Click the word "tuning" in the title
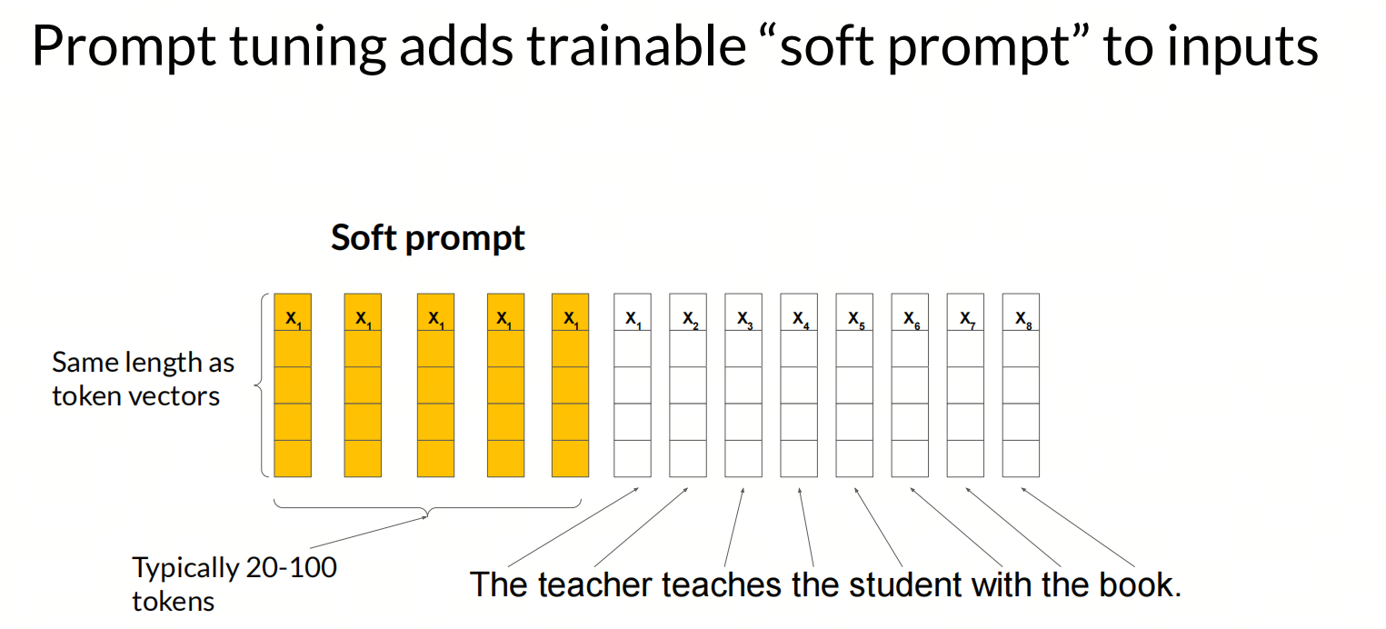pyautogui.click(x=307, y=47)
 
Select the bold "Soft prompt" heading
pyautogui.click(x=427, y=238)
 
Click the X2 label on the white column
pyautogui.click(x=688, y=313)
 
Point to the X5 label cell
pyautogui.click(x=854, y=313)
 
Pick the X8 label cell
pyautogui.click(x=1021, y=313)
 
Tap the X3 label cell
pyautogui.click(x=743, y=313)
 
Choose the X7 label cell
pyautogui.click(x=965, y=313)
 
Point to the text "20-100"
pyautogui.click(x=291, y=568)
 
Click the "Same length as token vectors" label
pyautogui.click(x=143, y=379)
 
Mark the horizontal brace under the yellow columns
pyautogui.click(x=427, y=508)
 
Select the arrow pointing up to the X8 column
pyautogui.click(x=1078, y=527)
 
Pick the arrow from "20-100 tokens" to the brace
pyautogui.click(x=369, y=533)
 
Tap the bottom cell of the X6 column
pyautogui.click(x=910, y=459)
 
